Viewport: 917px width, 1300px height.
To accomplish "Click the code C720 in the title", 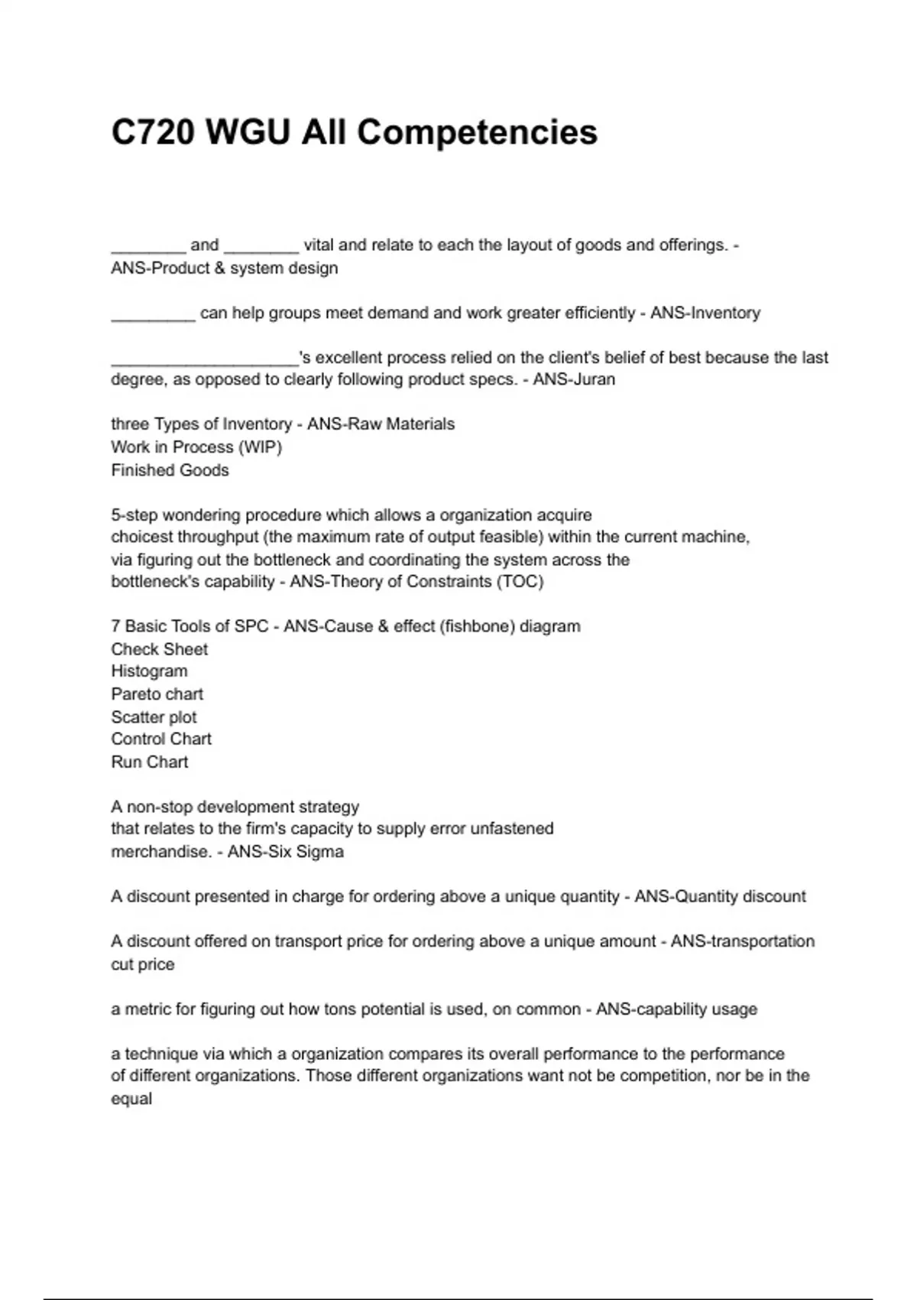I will pos(153,132).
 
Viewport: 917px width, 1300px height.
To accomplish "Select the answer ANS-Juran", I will pos(573,379).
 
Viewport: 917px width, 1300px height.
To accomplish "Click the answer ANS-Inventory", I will pos(705,313).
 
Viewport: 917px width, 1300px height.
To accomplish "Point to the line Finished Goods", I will pos(170,470).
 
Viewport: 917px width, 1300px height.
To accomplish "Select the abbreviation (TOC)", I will pos(520,581).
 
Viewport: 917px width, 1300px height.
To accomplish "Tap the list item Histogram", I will pos(149,671).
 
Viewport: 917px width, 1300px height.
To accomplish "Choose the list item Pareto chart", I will pos(157,694).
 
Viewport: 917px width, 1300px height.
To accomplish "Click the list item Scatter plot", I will pos(154,717).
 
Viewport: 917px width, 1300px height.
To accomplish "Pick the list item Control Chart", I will pos(161,739).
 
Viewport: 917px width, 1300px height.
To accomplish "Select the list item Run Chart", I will pos(149,762).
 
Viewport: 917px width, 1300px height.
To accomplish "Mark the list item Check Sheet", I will pos(159,649).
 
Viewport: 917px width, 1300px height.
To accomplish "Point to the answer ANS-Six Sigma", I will pos(286,852).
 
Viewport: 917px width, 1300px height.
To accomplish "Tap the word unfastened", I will pos(511,829).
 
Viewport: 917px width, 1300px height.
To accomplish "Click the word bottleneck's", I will pos(154,581).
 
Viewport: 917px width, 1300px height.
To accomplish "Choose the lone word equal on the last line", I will pos(131,1099).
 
